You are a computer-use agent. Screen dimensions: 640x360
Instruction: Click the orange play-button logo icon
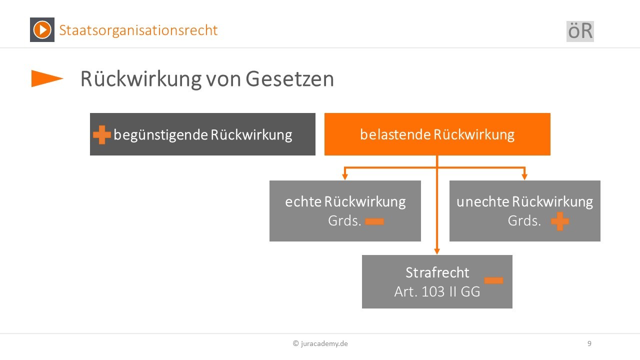pyautogui.click(x=42, y=29)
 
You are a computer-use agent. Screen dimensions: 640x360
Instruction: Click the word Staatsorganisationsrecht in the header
pyautogui.click(x=138, y=30)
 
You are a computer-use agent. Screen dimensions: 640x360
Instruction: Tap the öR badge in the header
pyautogui.click(x=580, y=31)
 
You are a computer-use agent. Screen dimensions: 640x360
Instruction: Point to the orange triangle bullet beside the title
pyautogui.click(x=47, y=78)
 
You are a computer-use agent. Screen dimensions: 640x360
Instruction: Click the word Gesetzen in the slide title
pyautogui.click(x=289, y=79)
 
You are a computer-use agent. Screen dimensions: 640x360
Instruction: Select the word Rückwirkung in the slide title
pyautogui.click(x=141, y=79)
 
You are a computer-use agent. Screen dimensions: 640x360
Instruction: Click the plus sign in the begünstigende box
pyautogui.click(x=102, y=134)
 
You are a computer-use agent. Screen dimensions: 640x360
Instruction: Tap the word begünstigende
pyautogui.click(x=160, y=135)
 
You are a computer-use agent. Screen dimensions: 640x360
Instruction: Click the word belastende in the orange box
pyautogui.click(x=395, y=134)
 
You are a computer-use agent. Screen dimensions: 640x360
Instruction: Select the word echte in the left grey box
pyautogui.click(x=303, y=201)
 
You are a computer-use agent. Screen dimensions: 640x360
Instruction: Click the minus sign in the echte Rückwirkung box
pyautogui.click(x=374, y=221)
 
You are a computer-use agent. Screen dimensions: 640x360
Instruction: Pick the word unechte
pyautogui.click(x=482, y=201)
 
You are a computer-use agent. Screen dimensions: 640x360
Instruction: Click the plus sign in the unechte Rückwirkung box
pyautogui.click(x=560, y=221)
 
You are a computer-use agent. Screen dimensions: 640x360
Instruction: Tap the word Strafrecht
pyautogui.click(x=437, y=272)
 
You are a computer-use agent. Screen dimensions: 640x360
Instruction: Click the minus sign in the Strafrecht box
pyautogui.click(x=493, y=280)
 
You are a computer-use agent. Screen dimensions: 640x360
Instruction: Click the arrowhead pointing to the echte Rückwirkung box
pyautogui.click(x=345, y=177)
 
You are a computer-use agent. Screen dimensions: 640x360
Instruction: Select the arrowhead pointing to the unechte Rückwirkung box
pyautogui.click(x=524, y=177)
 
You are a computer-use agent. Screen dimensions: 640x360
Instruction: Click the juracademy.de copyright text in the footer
pyautogui.click(x=320, y=343)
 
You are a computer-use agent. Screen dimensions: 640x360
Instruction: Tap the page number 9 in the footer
pyautogui.click(x=589, y=343)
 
